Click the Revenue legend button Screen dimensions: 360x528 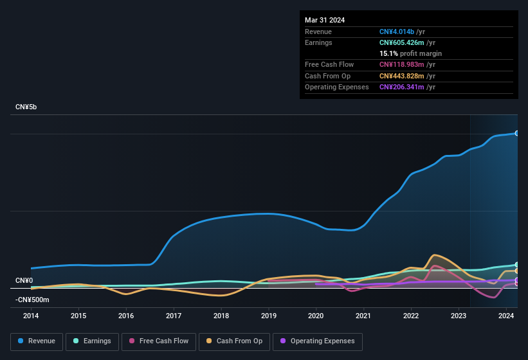coord(37,341)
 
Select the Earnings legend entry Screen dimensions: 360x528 coord(92,341)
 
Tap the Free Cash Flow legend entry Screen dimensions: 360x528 coord(158,341)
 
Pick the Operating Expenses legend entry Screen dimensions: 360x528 coord(318,341)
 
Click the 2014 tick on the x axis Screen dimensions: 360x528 coord(31,316)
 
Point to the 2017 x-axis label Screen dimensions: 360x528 coord(174,316)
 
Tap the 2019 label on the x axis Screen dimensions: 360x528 coord(269,316)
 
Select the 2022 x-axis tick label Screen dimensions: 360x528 coord(411,316)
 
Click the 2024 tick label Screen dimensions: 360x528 coord(506,316)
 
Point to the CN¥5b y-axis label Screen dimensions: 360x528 coord(26,107)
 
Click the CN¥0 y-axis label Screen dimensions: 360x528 coord(24,281)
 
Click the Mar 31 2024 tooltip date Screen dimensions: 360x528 coord(325,20)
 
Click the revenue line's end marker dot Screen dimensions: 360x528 coord(517,133)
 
